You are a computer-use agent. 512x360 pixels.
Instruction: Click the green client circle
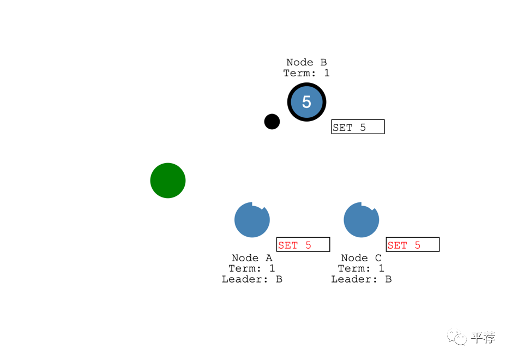168,181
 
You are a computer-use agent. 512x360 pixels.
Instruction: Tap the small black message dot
272,122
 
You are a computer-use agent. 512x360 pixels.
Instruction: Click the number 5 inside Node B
306,101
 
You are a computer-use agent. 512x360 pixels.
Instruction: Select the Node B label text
306,62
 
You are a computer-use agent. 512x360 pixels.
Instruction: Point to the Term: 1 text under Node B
306,73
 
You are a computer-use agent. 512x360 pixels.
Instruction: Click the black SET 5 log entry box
358,127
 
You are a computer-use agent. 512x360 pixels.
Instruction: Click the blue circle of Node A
251,220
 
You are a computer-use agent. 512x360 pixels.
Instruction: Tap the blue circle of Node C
360,220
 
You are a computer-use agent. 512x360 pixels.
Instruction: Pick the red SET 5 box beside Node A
303,245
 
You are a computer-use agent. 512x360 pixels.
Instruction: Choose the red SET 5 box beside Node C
412,245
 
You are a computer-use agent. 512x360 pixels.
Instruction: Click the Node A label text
252,258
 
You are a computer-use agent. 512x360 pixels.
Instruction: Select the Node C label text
361,258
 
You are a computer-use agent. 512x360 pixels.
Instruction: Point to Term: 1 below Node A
252,268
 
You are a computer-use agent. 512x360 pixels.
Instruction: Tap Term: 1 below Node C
361,268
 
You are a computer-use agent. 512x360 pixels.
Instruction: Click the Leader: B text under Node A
252,279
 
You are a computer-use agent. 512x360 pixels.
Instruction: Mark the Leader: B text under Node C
361,279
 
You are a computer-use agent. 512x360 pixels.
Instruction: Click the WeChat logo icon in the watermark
457,338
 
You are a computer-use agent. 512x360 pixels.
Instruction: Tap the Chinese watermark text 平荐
483,338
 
